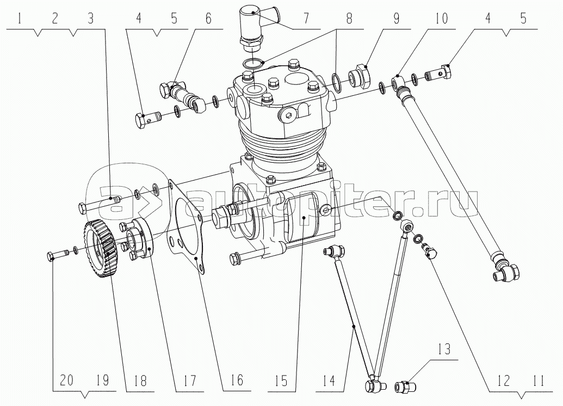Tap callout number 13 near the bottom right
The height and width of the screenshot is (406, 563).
[x=444, y=349]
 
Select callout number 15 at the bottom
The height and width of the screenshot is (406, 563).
[x=282, y=381]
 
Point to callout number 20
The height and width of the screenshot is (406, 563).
[x=67, y=380]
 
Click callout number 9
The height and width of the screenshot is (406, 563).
[x=396, y=19]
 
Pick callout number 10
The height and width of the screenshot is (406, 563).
[x=442, y=19]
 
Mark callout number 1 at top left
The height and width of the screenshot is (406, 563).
[x=20, y=19]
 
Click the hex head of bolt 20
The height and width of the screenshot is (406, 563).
[x=51, y=256]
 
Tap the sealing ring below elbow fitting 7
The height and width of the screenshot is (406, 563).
[x=255, y=64]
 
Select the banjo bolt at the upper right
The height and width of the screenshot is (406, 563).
[x=438, y=73]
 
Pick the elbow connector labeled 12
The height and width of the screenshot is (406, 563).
[x=428, y=250]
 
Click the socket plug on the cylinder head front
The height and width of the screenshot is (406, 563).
[x=287, y=116]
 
